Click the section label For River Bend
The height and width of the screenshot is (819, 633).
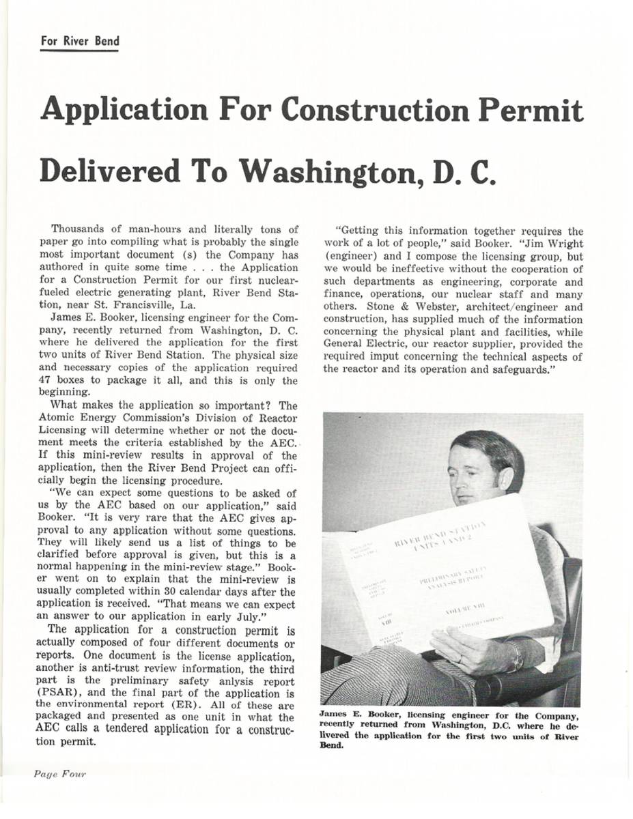tap(79, 41)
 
